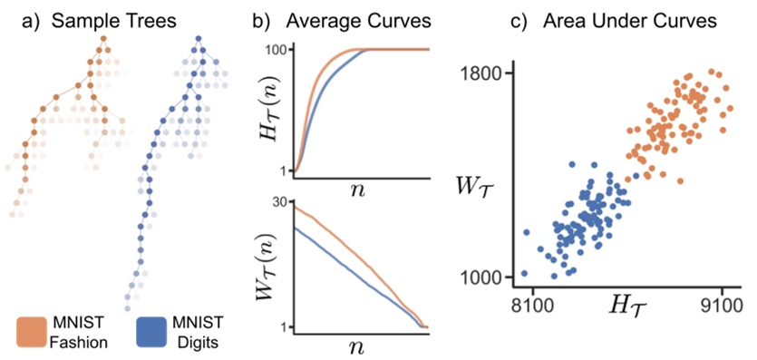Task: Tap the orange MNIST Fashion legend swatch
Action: (34, 332)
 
